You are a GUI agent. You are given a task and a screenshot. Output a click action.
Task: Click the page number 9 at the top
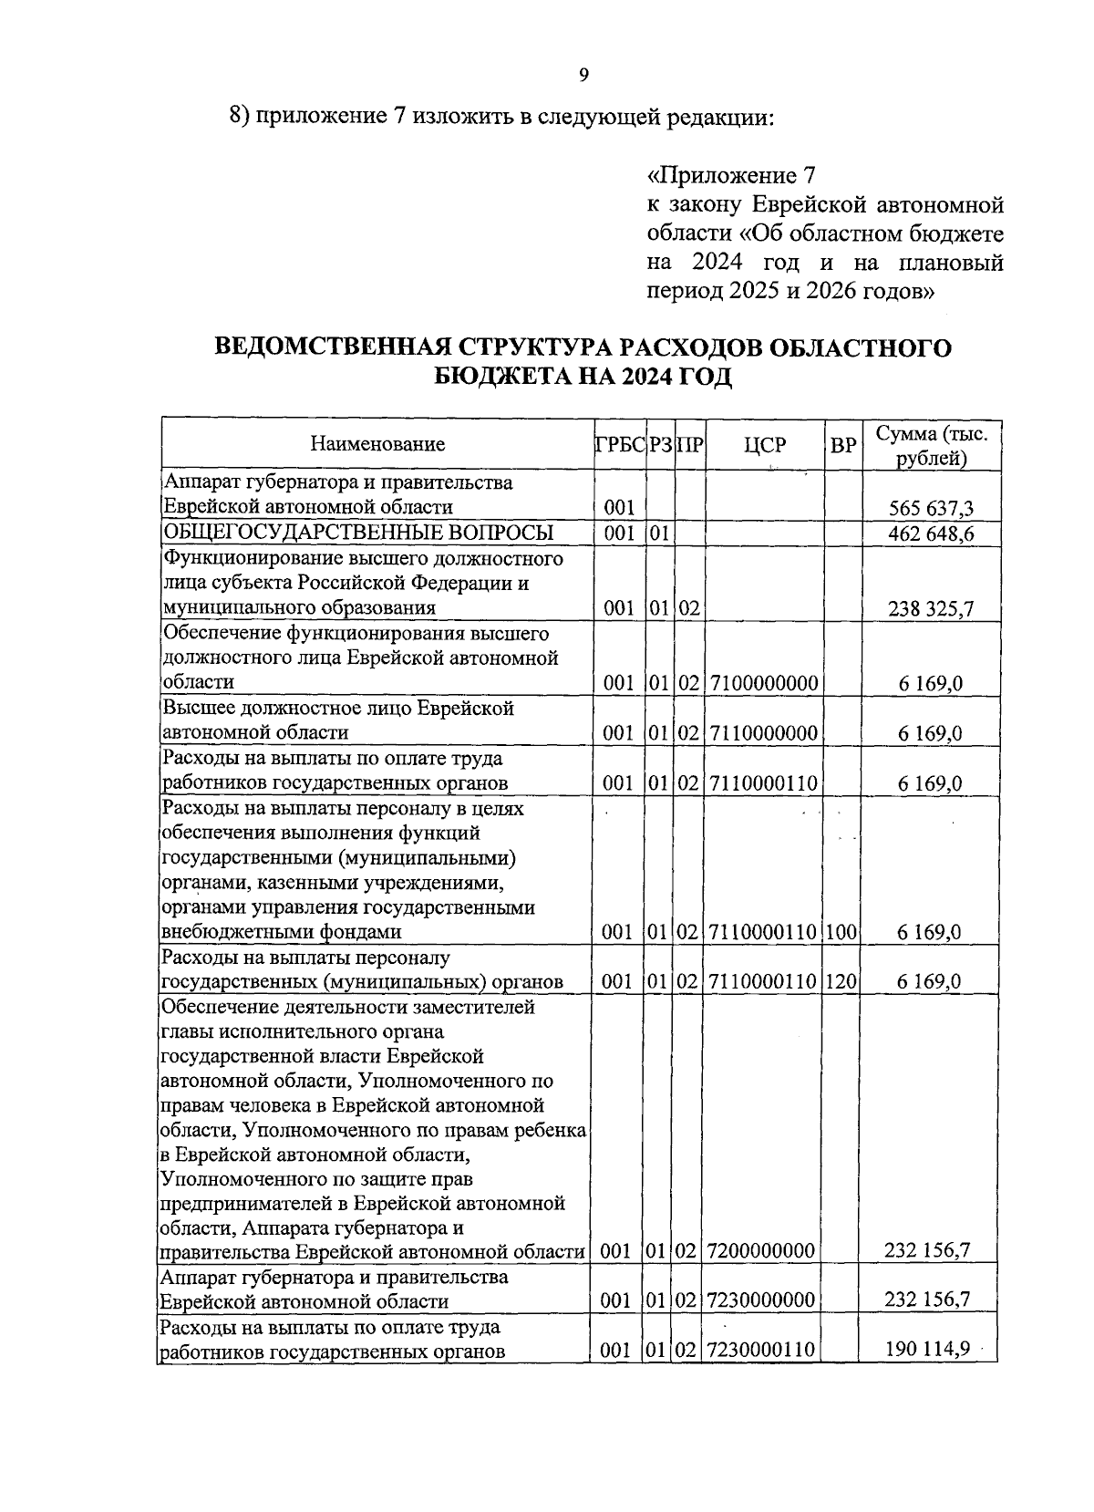583,75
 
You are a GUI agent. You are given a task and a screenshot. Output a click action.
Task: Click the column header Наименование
377,444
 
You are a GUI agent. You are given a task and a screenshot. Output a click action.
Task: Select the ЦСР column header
764,444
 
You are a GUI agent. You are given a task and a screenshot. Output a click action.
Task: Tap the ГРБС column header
620,444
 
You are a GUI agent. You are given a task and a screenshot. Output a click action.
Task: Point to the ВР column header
843,445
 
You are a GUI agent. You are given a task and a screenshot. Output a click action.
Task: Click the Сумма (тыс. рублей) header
931,445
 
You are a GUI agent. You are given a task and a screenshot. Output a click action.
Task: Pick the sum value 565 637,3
931,508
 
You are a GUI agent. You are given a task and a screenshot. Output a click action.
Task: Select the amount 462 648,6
931,533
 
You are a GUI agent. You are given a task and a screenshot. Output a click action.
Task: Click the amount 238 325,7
931,608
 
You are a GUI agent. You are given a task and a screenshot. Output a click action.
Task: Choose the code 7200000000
760,1251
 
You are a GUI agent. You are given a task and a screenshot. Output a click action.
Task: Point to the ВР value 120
842,982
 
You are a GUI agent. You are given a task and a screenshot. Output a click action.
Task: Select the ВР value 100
842,932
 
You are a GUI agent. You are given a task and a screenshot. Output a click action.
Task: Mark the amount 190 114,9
926,1349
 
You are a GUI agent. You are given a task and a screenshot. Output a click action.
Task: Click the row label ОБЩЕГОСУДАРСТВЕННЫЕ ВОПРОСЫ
357,533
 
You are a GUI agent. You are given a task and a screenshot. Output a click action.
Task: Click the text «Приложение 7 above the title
729,174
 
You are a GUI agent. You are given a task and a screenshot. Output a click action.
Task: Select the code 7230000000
760,1300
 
